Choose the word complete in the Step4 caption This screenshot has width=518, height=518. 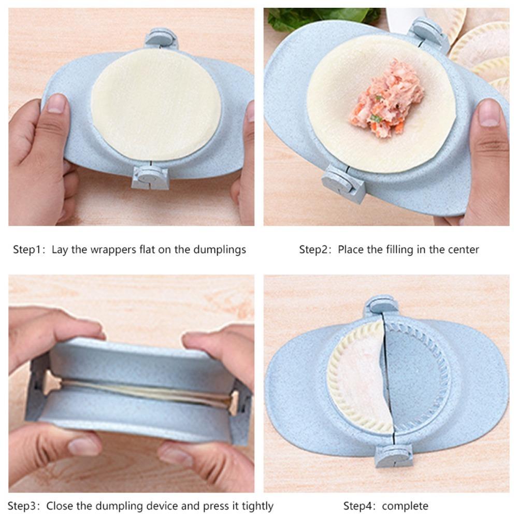(x=406, y=506)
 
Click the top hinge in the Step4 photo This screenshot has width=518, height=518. (x=381, y=306)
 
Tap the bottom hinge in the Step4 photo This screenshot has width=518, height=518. (x=394, y=455)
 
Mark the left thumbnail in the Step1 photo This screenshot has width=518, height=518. (x=55, y=104)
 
